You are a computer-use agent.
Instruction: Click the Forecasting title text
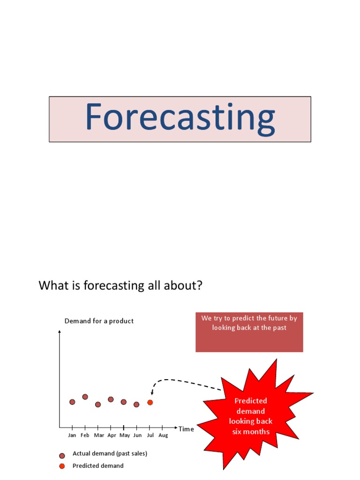pyautogui.click(x=180, y=118)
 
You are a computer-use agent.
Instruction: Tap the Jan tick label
pyautogui.click(x=72, y=435)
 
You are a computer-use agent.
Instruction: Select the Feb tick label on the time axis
pyautogui.click(x=85, y=435)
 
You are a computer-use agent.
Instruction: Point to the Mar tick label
pyautogui.click(x=99, y=435)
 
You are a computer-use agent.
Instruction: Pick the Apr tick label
pyautogui.click(x=112, y=435)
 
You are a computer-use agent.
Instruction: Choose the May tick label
pyautogui.click(x=125, y=435)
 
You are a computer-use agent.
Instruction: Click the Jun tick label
pyautogui.click(x=137, y=435)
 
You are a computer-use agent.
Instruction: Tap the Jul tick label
pyautogui.click(x=150, y=435)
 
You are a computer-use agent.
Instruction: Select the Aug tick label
pyautogui.click(x=163, y=435)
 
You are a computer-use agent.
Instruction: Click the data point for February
pyautogui.click(x=85, y=397)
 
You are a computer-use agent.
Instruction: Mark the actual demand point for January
pyautogui.click(x=72, y=402)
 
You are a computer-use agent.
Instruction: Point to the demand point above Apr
pyautogui.click(x=111, y=399)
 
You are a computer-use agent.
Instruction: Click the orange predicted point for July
pyautogui.click(x=150, y=402)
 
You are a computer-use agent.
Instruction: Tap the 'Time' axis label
pyautogui.click(x=186, y=429)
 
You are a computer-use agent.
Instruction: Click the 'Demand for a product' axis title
pyautogui.click(x=99, y=321)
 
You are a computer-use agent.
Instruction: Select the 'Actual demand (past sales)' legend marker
pyautogui.click(x=62, y=456)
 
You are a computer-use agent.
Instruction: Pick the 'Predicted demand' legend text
pyautogui.click(x=98, y=466)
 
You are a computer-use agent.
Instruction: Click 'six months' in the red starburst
pyautogui.click(x=251, y=431)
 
